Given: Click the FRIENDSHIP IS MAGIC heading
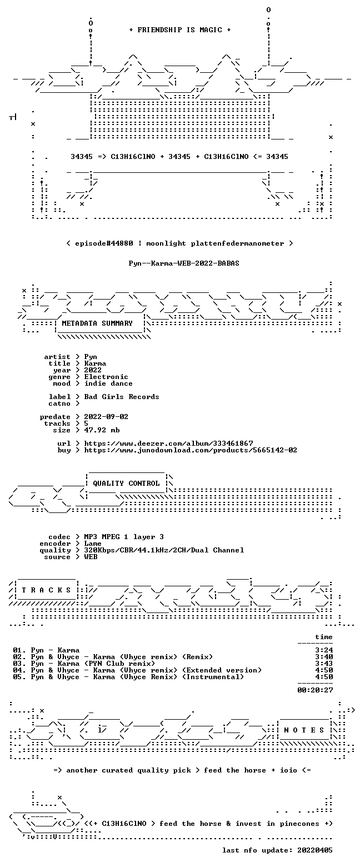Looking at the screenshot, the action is [x=180, y=30].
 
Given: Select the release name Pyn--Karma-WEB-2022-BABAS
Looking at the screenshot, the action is [x=184, y=263].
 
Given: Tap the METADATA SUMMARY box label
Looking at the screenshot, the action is [x=97, y=323].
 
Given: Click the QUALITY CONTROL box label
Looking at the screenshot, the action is [x=126, y=483].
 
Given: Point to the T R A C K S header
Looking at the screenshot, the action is [x=47, y=590].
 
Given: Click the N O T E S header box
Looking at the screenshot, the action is [x=304, y=730].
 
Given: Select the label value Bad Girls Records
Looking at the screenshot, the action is [x=122, y=397].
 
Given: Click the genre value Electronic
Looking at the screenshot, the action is [x=106, y=377].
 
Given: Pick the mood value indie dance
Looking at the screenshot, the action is [x=108, y=383].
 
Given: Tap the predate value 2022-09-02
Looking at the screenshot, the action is [x=106, y=417].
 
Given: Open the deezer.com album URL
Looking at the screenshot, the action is [x=168, y=443].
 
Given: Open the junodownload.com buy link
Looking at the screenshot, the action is [x=191, y=450].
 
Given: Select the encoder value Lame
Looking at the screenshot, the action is [x=93, y=544].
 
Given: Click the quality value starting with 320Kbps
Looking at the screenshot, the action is [x=164, y=550].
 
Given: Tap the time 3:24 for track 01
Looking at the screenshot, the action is [x=324, y=650].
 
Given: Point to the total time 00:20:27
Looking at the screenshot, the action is [x=315, y=690].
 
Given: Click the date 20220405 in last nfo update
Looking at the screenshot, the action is [x=314, y=850].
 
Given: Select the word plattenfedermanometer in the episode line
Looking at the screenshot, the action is [x=237, y=243].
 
